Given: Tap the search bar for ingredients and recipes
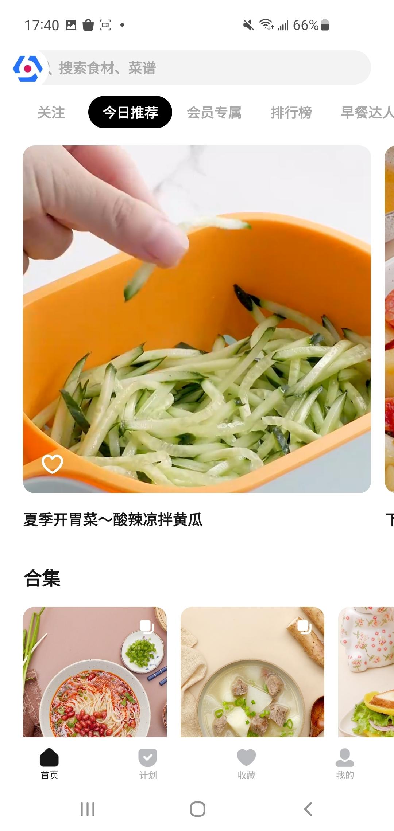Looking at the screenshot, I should tap(204, 68).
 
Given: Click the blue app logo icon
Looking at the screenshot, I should tap(28, 68).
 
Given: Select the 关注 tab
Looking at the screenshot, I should tap(51, 112).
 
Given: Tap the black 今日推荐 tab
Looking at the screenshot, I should tap(130, 112).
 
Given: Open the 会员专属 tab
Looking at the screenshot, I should tap(214, 112).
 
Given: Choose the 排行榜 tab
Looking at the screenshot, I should tap(291, 112).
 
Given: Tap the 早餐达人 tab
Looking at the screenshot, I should tap(367, 112).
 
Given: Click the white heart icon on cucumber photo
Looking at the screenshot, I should tap(52, 464).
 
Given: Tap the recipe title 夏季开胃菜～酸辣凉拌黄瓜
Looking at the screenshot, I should tap(113, 520).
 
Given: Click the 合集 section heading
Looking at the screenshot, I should tap(42, 578).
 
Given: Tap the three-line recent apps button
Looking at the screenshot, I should tap(88, 809).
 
